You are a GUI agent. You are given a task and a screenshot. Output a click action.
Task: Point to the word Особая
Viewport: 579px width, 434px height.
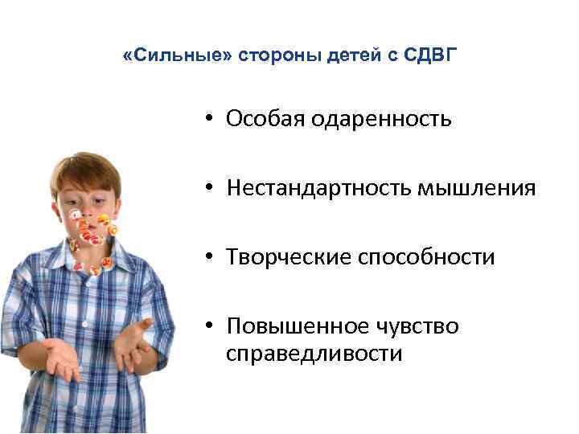point(261,120)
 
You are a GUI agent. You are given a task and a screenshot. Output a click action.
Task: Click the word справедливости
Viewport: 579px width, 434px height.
point(314,354)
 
